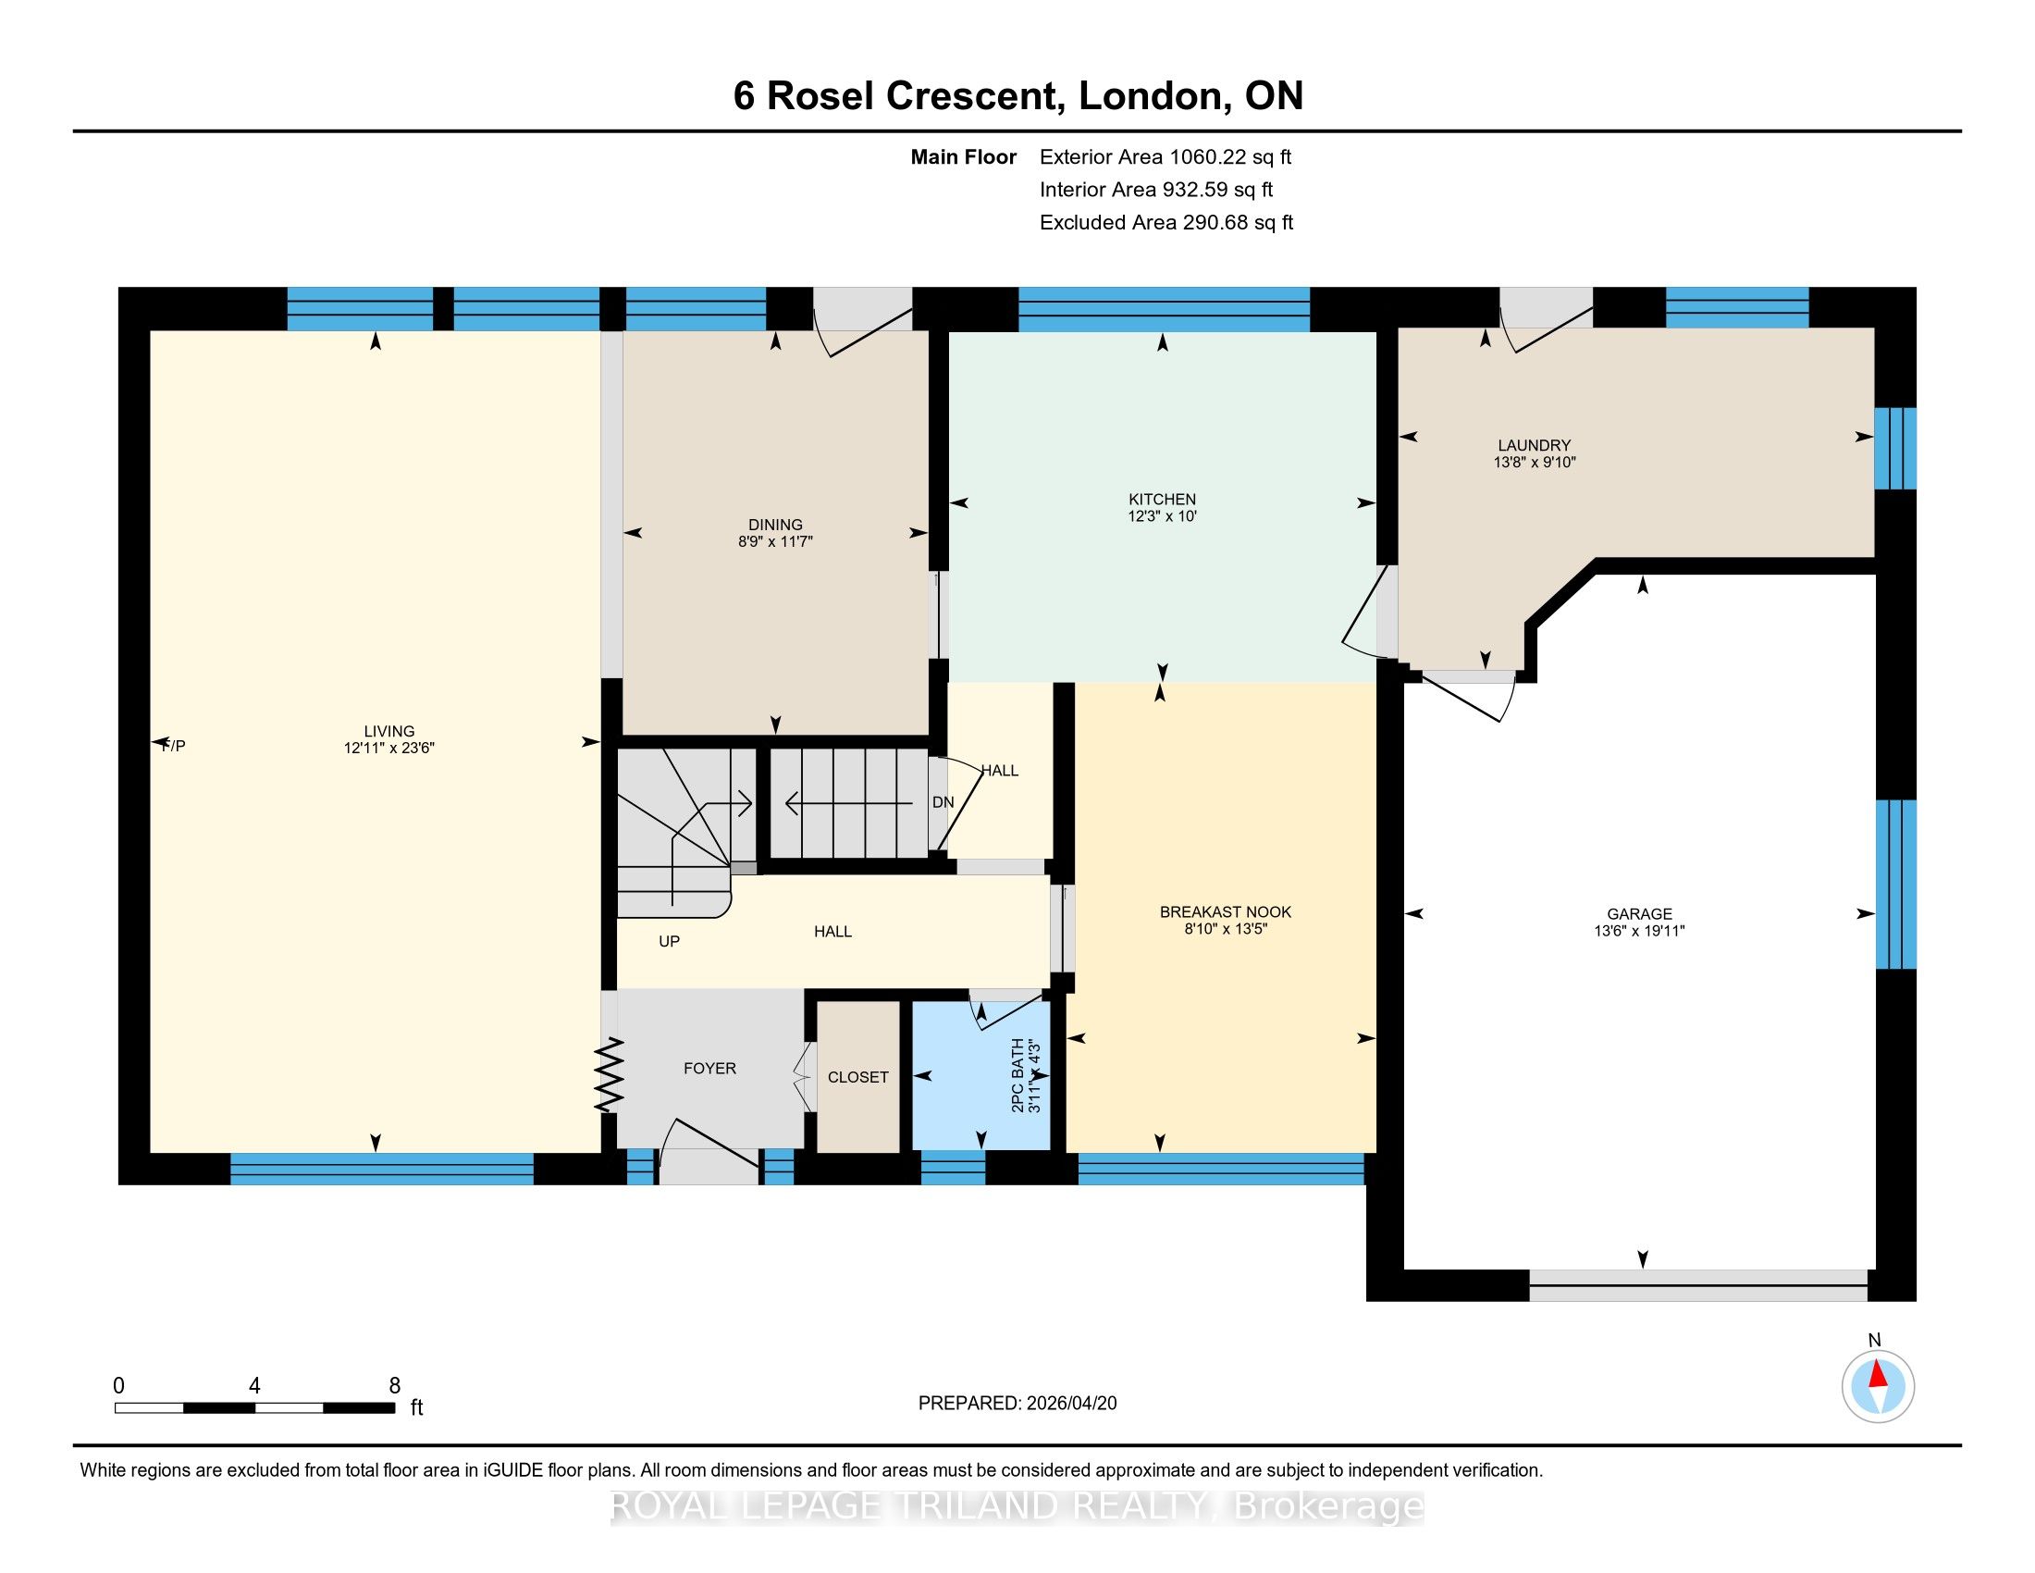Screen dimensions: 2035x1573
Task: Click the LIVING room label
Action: point(389,732)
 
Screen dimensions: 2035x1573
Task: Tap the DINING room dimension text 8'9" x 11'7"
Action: point(775,541)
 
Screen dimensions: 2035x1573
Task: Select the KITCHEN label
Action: point(1162,500)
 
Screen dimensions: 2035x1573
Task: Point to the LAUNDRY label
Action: point(1534,445)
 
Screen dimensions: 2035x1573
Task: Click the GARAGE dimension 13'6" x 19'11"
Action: point(1639,930)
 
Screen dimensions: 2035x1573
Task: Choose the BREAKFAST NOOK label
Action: point(1226,912)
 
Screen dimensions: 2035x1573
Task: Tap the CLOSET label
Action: point(858,1077)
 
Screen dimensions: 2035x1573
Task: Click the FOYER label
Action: point(710,1069)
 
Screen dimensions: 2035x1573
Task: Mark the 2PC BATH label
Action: point(1017,1075)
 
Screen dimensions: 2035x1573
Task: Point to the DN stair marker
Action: point(943,802)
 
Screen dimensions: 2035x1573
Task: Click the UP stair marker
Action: point(669,941)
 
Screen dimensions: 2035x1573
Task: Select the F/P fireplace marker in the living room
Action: point(173,746)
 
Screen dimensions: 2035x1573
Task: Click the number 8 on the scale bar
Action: point(394,1386)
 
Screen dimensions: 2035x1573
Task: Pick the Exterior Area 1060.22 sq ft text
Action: point(1165,156)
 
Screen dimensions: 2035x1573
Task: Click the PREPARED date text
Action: point(1017,1404)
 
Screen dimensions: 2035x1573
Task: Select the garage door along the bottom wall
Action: point(1698,1286)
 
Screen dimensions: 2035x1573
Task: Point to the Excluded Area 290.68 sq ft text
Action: point(1166,223)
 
